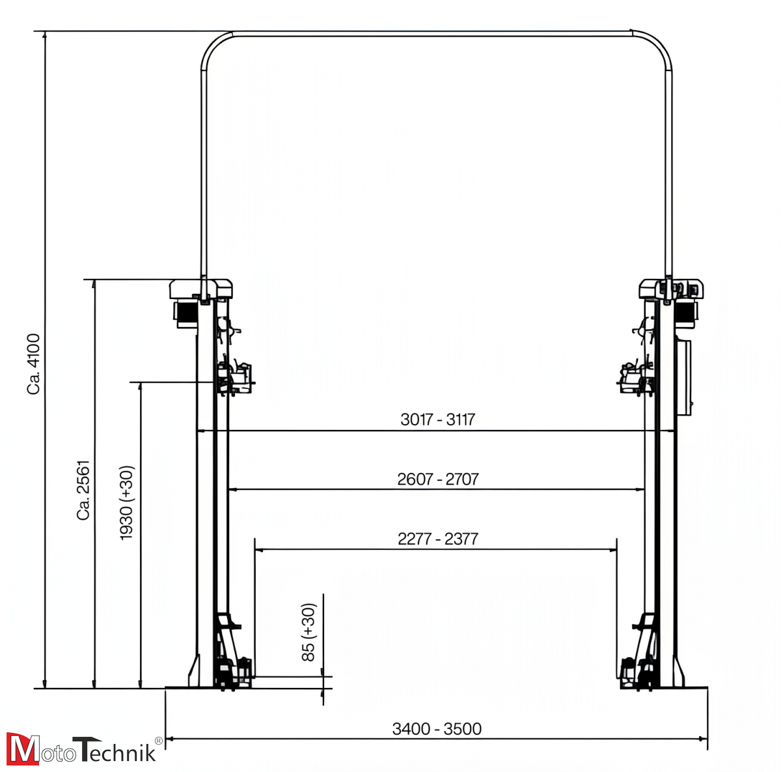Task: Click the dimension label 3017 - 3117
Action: (437, 420)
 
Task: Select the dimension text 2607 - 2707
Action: (437, 479)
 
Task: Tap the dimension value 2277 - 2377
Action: (437, 539)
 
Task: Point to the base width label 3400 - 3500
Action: (437, 728)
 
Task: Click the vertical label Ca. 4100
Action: (34, 364)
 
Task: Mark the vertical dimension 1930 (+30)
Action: (126, 502)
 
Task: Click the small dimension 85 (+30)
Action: (308, 632)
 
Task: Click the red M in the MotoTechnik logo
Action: (22, 749)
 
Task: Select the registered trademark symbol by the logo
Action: (158, 740)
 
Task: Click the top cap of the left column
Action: (201, 287)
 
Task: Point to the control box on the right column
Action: (685, 378)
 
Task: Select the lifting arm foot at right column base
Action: (638, 671)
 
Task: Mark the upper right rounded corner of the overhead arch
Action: (659, 44)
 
